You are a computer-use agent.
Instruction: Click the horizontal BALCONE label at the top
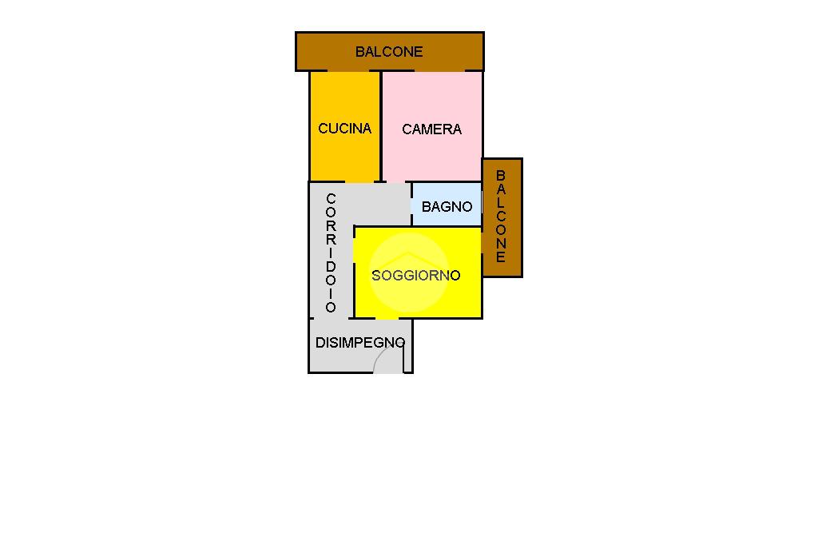pyautogui.click(x=389, y=52)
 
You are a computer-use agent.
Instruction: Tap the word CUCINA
pyautogui.click(x=344, y=129)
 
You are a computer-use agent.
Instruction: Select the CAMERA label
pyautogui.click(x=431, y=129)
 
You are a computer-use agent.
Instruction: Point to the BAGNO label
pyautogui.click(x=447, y=207)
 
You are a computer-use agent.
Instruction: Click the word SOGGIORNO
pyautogui.click(x=416, y=276)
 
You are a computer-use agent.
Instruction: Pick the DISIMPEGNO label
pyautogui.click(x=359, y=343)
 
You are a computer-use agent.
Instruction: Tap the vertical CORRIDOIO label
pyautogui.click(x=331, y=253)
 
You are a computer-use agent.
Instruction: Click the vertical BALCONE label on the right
pyautogui.click(x=501, y=217)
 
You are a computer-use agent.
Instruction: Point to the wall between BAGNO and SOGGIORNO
pyautogui.click(x=447, y=226)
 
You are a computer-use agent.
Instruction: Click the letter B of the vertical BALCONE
pyautogui.click(x=501, y=175)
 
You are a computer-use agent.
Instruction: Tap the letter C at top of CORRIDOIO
pyautogui.click(x=331, y=198)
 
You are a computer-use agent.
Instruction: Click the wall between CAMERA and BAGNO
pyautogui.click(x=447, y=182)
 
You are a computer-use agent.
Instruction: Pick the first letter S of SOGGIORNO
pyautogui.click(x=376, y=276)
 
